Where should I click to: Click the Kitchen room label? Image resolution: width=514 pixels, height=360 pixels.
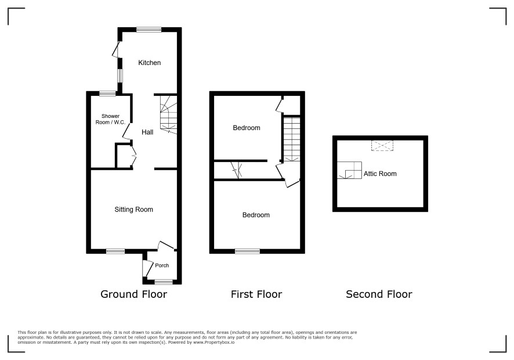[150, 63]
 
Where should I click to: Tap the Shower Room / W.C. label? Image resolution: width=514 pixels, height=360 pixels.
[110, 119]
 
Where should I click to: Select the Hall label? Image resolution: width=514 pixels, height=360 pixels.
[147, 132]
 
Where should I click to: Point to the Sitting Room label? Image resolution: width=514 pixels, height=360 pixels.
[134, 210]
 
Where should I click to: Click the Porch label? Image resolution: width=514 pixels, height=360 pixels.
[162, 265]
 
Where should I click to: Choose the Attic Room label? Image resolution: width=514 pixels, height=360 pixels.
[380, 174]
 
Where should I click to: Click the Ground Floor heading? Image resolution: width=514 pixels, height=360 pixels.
[134, 294]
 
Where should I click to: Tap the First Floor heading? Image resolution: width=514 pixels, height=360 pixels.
[256, 294]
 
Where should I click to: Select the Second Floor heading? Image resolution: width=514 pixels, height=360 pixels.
[379, 294]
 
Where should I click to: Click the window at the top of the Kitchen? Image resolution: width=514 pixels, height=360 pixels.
[149, 30]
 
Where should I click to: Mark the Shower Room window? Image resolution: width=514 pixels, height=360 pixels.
[107, 93]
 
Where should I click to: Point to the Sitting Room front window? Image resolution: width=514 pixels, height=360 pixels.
[115, 251]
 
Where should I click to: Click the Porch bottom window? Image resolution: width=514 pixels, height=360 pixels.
[164, 282]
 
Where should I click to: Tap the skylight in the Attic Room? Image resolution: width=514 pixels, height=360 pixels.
[382, 146]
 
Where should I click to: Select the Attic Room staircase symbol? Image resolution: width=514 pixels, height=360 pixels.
[349, 170]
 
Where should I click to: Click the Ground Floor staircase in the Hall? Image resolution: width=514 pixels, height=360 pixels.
[168, 114]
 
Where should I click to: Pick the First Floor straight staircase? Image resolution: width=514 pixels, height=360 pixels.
[291, 139]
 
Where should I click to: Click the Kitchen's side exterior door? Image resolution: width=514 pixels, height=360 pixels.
[116, 49]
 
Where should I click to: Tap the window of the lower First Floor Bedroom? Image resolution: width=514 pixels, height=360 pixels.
[248, 251]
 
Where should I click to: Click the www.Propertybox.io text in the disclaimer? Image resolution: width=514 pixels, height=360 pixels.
[213, 342]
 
